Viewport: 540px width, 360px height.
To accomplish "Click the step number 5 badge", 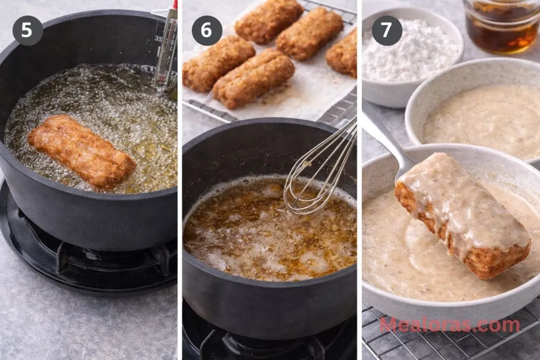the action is pos(27,30).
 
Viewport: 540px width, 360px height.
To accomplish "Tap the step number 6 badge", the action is pos(207,30).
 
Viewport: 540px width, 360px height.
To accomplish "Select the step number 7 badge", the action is pos(387,30).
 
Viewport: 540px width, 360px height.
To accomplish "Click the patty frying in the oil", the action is pos(82,152).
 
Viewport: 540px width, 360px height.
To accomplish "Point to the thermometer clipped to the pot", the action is pos(166,48).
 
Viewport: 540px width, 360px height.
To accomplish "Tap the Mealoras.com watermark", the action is pos(450,325).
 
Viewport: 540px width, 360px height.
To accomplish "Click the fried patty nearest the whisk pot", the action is pos(254,79).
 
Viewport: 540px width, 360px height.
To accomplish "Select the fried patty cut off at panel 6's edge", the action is pos(342,53).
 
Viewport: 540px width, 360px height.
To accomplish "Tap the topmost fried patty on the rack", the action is pos(269,21).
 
